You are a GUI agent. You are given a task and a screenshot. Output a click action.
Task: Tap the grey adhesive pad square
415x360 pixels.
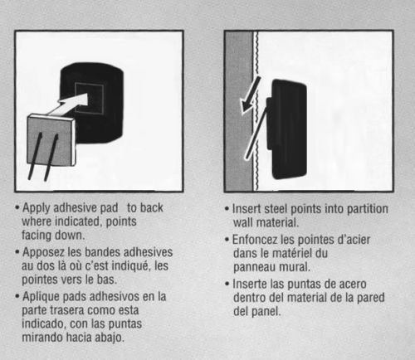tap(51, 141)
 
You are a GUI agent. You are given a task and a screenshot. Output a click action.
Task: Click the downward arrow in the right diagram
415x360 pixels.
tap(251, 95)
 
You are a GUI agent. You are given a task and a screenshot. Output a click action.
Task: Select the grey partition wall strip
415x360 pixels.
tap(239, 111)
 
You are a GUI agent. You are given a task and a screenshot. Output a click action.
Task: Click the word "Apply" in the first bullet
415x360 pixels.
tap(37, 208)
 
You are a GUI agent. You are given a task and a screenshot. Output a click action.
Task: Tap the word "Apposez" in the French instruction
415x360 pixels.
tap(43, 252)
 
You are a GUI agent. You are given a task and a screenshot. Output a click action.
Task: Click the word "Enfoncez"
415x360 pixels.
tap(255, 240)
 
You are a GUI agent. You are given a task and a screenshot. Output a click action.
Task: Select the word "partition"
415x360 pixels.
tap(368, 209)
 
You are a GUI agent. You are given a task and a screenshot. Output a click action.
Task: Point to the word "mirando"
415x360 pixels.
tap(42, 337)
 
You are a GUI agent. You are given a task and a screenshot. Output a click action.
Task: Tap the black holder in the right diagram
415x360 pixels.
tap(289, 129)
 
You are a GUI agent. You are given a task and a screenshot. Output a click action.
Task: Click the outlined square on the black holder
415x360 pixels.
tap(90, 98)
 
